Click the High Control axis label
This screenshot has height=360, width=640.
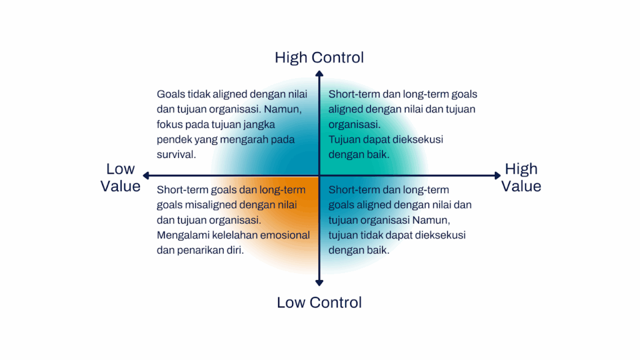319,57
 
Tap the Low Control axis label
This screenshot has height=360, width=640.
319,302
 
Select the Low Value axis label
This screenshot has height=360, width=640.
121,177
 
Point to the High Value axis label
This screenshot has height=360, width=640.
521,177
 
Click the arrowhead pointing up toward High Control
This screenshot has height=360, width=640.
319,74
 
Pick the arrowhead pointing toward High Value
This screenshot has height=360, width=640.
497,176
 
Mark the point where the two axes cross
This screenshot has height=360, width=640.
319,176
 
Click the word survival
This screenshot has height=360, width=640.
176,154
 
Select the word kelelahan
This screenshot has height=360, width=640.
236,235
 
